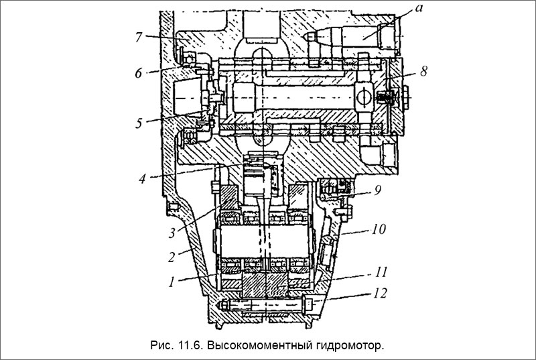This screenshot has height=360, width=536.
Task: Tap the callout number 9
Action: coord(378,190)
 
